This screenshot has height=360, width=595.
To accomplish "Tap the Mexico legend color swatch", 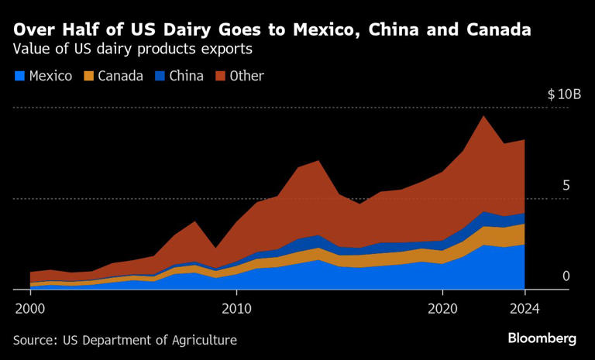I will pos(19,76).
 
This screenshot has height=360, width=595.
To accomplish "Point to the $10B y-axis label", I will pos(563,94).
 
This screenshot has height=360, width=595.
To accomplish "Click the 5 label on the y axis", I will pos(566,186).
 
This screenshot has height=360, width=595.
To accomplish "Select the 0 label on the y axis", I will pos(566,276).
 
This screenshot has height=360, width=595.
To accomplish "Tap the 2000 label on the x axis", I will pos(30,307).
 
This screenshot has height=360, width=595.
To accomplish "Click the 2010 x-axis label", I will pos(236,307).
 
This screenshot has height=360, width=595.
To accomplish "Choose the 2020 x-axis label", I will pos(442,307).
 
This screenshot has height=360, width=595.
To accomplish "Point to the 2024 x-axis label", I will pos(524,307).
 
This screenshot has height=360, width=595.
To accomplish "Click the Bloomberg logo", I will pos(542,338).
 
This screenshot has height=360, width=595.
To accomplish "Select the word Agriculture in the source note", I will pos(204,340).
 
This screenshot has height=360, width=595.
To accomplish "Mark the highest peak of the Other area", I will pos(483,116).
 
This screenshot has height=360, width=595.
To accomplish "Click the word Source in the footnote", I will pos(34,340).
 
